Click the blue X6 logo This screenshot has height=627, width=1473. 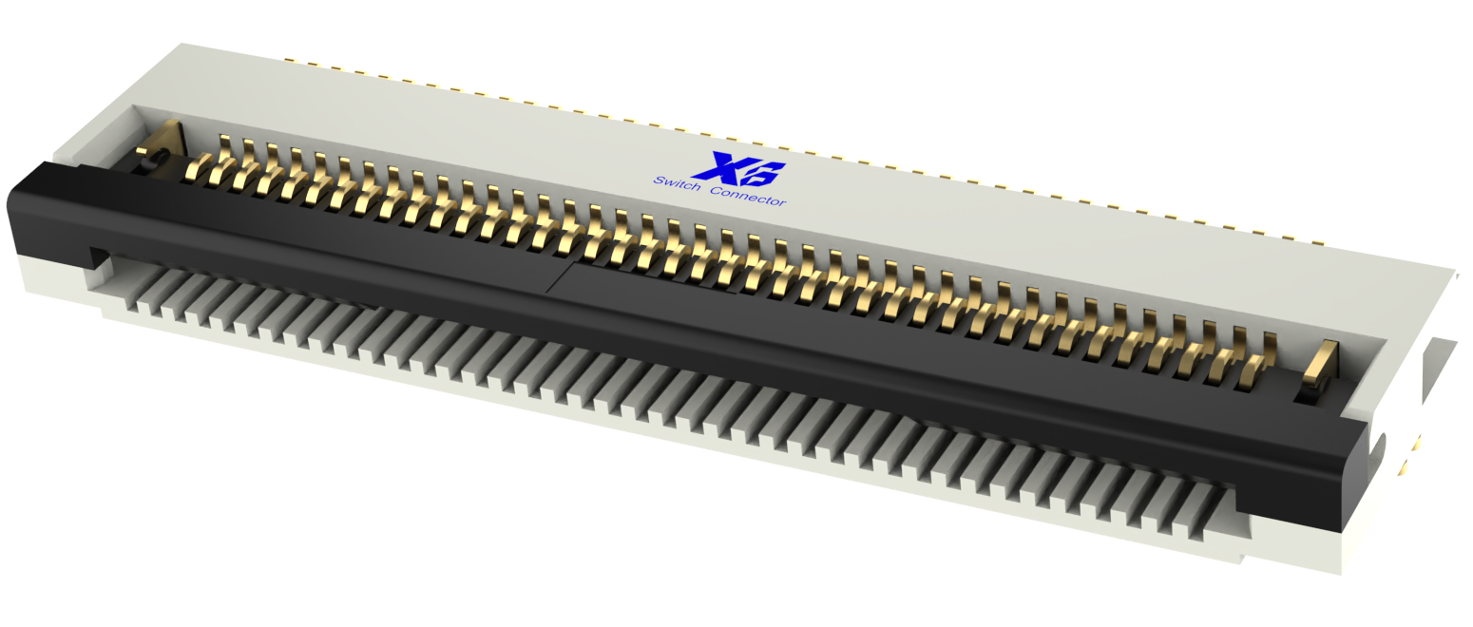click(738, 169)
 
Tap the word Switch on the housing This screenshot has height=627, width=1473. click(677, 184)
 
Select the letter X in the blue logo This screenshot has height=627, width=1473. click(715, 166)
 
